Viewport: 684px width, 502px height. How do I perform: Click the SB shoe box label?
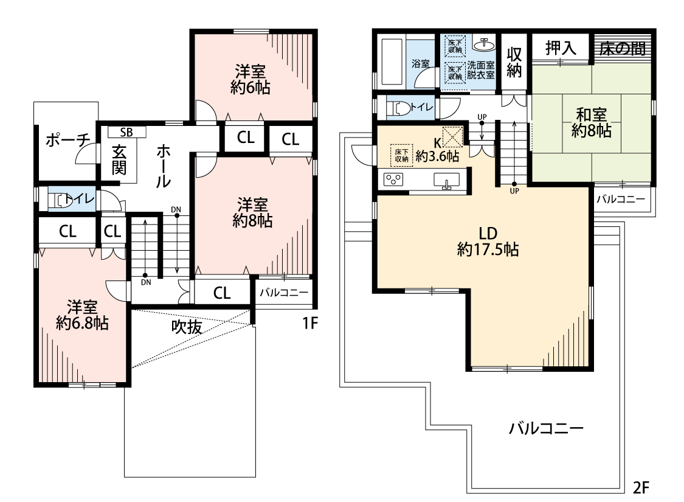click(x=126, y=132)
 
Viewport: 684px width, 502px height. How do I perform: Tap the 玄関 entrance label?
click(x=119, y=159)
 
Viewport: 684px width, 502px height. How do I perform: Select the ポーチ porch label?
click(x=67, y=140)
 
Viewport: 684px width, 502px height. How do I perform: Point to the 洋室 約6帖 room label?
click(x=250, y=80)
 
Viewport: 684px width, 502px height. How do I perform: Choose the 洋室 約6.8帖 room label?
click(x=82, y=315)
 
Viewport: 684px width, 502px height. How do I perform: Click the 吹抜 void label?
click(x=187, y=326)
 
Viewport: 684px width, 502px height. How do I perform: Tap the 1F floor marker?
click(x=310, y=323)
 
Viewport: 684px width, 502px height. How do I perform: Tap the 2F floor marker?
click(x=641, y=487)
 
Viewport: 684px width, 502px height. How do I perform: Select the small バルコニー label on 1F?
click(x=284, y=293)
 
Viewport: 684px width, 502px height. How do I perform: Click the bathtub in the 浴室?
click(x=392, y=61)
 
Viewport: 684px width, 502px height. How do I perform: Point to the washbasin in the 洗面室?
click(x=484, y=44)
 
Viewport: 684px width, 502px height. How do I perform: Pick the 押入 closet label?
click(x=561, y=47)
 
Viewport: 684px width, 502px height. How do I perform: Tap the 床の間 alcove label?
click(x=623, y=48)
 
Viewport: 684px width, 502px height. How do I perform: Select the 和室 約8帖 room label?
click(x=591, y=123)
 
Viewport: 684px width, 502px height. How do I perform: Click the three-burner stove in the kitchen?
click(x=393, y=180)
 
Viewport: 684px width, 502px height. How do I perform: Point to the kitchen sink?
click(x=446, y=180)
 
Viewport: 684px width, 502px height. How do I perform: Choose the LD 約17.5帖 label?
click(x=488, y=241)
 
